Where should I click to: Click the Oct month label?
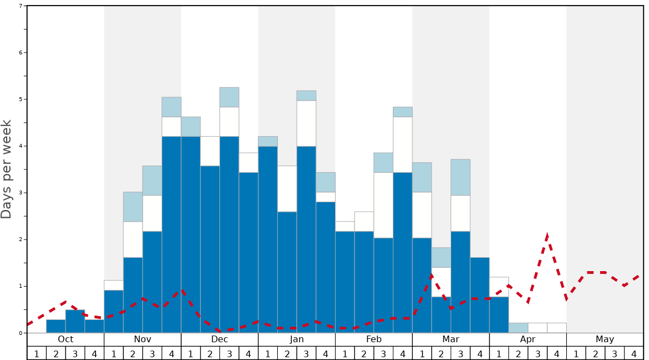pos(66,339)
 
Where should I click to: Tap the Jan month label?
pos(297,339)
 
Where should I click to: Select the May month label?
pos(605,339)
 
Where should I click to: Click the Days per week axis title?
pos(7,169)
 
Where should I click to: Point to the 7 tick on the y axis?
pos(21,6)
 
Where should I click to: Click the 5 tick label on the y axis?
pos(21,99)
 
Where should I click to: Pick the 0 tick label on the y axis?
pos(21,333)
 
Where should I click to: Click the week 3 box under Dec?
pos(229,353)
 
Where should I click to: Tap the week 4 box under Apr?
pos(557,353)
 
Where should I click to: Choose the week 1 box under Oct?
pos(37,353)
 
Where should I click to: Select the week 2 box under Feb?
pos(364,353)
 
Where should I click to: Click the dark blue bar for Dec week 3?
pos(229,233)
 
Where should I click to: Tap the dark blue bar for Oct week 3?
pos(75,322)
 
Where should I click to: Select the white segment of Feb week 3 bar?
pos(383,205)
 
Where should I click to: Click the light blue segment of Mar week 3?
pos(461,177)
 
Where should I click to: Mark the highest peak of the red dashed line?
pos(547,236)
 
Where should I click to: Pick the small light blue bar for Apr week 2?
pos(518,328)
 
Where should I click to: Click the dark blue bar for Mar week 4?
pos(480,294)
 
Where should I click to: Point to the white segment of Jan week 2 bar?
pos(287,189)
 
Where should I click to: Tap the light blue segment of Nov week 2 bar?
pos(133,207)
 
